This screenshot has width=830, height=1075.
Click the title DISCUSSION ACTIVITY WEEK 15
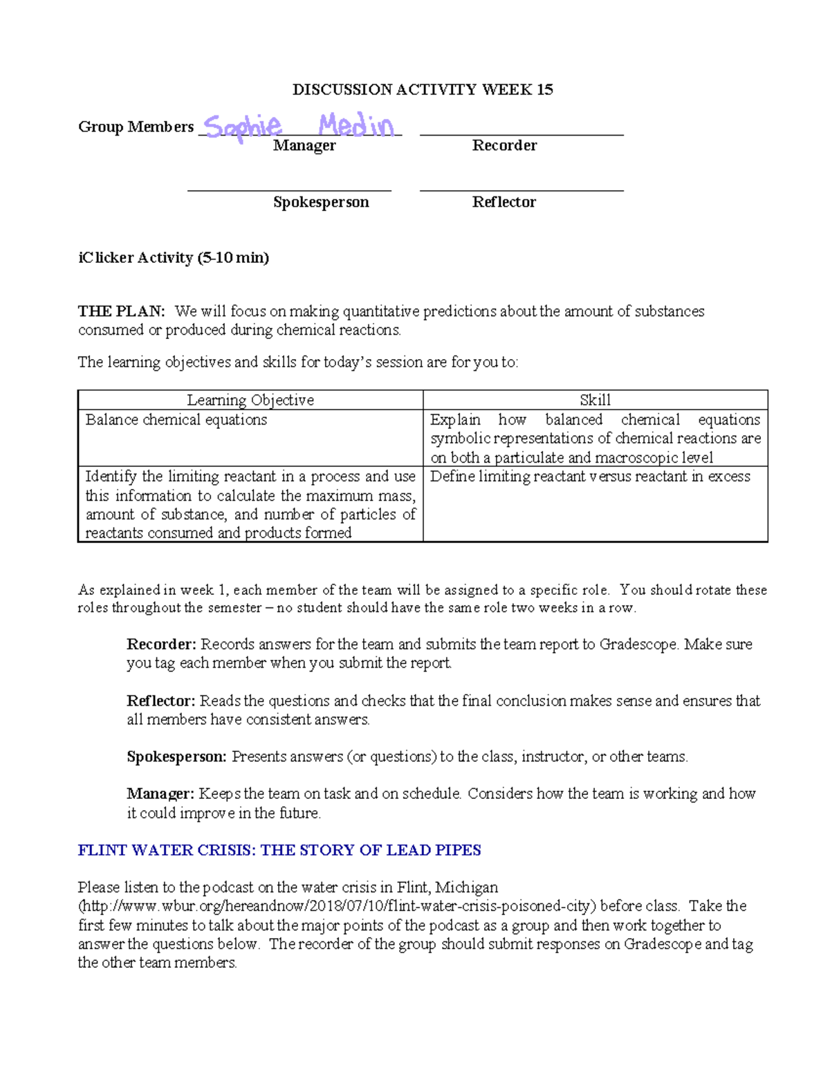click(423, 89)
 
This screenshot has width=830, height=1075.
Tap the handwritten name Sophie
click(243, 127)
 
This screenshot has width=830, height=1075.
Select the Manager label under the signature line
click(304, 145)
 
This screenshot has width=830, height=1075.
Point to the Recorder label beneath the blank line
click(504, 145)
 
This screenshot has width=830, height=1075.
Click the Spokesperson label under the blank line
click(321, 202)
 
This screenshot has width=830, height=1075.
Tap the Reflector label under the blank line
click(504, 202)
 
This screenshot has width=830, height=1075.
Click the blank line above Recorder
click(522, 134)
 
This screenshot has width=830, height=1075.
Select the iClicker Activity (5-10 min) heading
click(174, 258)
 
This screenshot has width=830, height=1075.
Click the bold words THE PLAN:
click(122, 311)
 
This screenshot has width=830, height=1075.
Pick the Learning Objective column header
click(250, 400)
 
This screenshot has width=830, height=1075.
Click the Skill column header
click(595, 400)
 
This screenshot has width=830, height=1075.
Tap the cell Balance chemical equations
click(176, 420)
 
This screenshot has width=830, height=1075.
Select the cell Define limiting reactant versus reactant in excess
click(590, 477)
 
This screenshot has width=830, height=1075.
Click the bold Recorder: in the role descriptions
click(162, 644)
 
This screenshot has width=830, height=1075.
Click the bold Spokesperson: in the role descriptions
click(176, 757)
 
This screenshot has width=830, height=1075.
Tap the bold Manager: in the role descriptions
click(160, 793)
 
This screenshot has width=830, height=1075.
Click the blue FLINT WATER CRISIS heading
click(279, 850)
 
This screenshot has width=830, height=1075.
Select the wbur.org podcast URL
click(336, 906)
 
